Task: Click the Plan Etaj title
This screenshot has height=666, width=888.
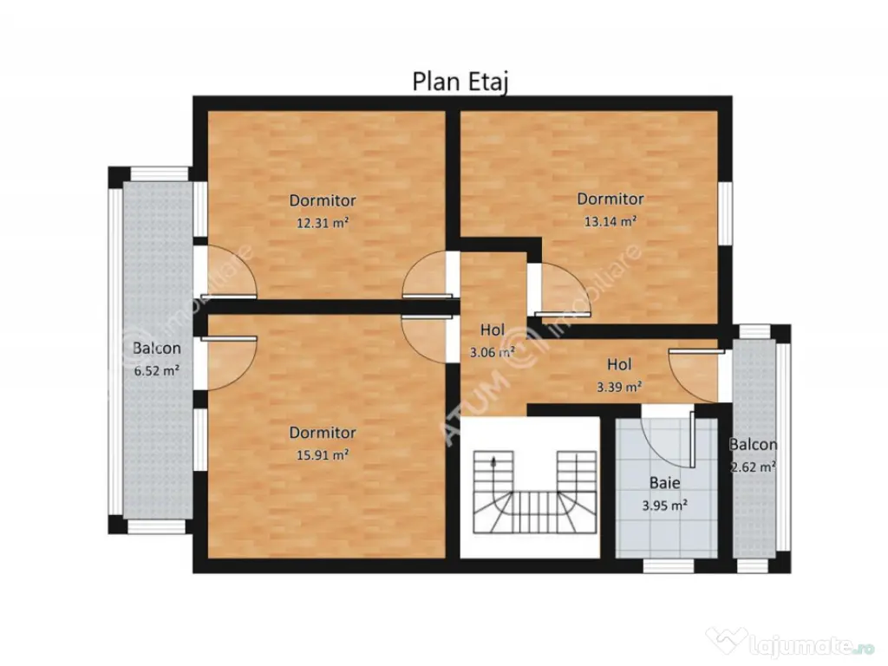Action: [459, 81]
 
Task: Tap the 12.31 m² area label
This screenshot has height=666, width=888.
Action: [322, 222]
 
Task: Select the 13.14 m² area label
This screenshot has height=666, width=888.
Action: [610, 220]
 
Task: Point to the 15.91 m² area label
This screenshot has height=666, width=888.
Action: [322, 454]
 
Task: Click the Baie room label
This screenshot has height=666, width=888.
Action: [665, 483]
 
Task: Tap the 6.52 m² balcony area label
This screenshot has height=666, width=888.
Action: [156, 369]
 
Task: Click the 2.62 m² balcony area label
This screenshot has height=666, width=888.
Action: [752, 465]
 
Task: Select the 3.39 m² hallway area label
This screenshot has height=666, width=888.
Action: [619, 386]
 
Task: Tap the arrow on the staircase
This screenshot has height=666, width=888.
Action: [493, 462]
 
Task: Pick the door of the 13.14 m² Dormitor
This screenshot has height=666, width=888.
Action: [559, 291]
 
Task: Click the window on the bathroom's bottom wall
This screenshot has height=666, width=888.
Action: [668, 566]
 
